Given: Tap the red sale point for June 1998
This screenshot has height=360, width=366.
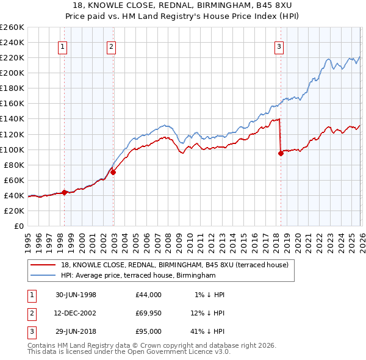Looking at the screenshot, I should click(65, 192).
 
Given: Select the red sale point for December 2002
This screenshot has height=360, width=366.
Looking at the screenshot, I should click(113, 172).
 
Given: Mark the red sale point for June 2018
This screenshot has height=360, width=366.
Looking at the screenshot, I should click(281, 153).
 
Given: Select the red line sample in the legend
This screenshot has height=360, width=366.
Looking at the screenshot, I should click(44, 264).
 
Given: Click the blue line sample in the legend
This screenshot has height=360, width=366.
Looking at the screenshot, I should click(44, 275).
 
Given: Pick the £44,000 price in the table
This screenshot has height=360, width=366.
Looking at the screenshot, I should click(149, 295).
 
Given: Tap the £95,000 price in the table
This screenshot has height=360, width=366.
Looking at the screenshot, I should click(149, 331).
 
